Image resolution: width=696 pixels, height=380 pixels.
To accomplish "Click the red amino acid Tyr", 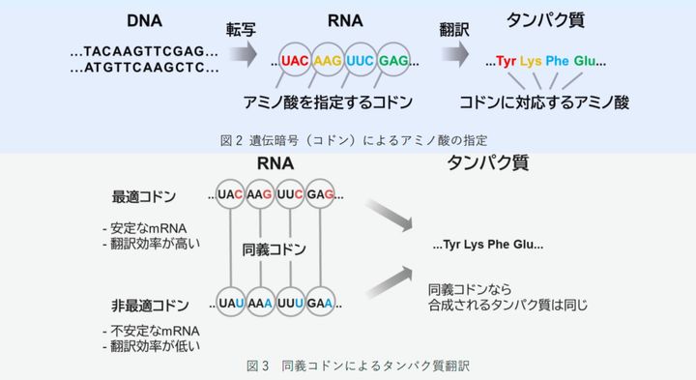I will pos(507,61).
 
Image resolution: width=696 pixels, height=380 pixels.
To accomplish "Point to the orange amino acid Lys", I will pos(531,61).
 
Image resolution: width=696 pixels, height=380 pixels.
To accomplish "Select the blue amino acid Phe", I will pos(558,61).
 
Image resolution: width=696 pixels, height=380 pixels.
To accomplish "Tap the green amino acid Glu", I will pos(584,61).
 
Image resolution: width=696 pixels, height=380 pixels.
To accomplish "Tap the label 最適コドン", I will pos(145,197).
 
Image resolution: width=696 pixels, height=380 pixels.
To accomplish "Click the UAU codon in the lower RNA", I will pos(230,302).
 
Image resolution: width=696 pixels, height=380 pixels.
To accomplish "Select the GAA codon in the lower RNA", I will pos(323,302).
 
